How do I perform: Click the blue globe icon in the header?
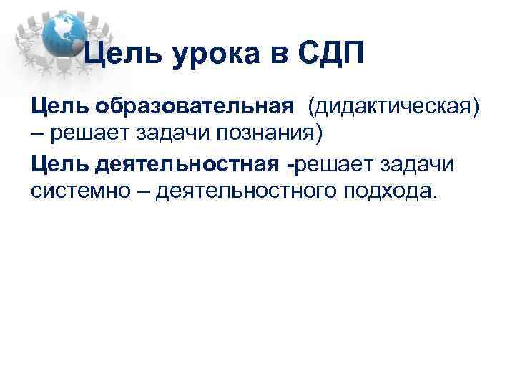[x=64, y=35]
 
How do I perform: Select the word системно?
[x=75, y=191]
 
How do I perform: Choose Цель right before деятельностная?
[x=58, y=164]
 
